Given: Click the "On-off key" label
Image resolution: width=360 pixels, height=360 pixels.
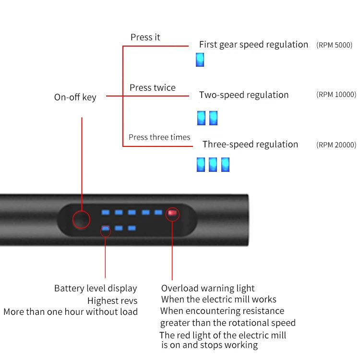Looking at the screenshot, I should click(x=75, y=97).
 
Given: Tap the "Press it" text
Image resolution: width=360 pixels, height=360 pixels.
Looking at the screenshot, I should click(x=145, y=37).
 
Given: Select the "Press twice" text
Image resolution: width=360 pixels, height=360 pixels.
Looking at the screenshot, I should click(x=153, y=88).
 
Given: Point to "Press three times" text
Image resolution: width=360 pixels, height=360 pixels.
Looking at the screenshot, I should click(x=159, y=137).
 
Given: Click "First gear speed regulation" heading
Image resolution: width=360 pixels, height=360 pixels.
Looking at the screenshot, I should click(x=253, y=45).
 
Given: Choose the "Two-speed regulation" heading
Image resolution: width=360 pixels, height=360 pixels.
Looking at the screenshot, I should click(x=244, y=95).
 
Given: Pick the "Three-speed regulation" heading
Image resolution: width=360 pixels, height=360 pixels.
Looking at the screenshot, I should click(x=250, y=144).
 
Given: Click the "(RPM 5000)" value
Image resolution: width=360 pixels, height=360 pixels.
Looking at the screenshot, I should click(x=334, y=45).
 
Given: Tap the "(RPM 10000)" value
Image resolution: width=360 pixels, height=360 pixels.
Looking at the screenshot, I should click(x=336, y=95).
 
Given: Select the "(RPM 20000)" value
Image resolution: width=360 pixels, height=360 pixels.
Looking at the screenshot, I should click(x=336, y=144).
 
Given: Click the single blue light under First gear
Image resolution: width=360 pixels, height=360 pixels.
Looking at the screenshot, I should click(x=200, y=60).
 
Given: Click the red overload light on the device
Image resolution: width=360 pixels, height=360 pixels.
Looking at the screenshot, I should click(x=172, y=213).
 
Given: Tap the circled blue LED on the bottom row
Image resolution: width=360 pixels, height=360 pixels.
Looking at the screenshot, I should click(x=106, y=229).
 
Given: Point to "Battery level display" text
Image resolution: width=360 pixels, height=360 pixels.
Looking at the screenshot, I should click(x=96, y=288).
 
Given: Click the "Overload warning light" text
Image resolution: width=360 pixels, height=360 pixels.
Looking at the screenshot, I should click(x=208, y=288).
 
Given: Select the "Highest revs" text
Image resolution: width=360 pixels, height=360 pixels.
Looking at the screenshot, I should click(x=112, y=301).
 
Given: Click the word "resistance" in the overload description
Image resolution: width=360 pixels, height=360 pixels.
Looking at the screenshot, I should click(x=261, y=311).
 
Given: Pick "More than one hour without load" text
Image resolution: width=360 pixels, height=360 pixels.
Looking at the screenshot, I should click(x=71, y=312).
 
